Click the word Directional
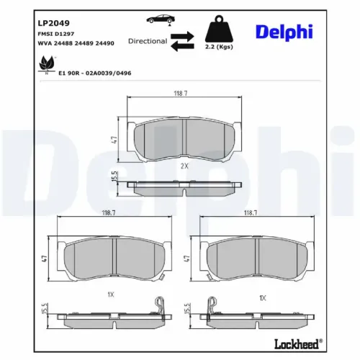[148, 41]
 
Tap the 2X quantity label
[184, 166]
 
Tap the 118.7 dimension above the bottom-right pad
[251, 213]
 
